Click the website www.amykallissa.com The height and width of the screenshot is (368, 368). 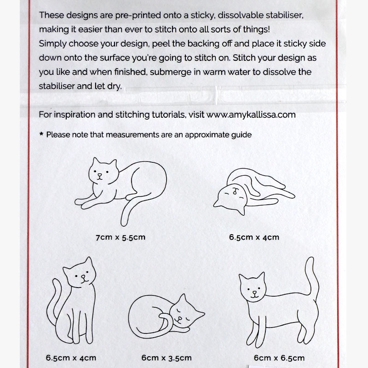251,115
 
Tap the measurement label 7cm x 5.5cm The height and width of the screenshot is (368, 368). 121,238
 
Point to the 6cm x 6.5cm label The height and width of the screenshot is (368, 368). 279,357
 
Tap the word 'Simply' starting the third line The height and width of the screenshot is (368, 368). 52,44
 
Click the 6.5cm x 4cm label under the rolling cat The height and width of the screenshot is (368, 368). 254,238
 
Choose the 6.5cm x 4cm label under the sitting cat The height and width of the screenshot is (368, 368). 71,357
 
